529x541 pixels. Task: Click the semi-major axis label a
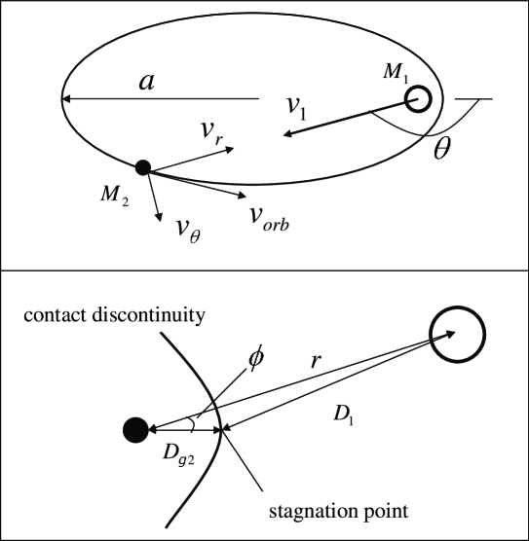pos(146,82)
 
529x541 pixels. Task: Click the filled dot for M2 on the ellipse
pos(143,167)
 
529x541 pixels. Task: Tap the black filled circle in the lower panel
pos(134,428)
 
